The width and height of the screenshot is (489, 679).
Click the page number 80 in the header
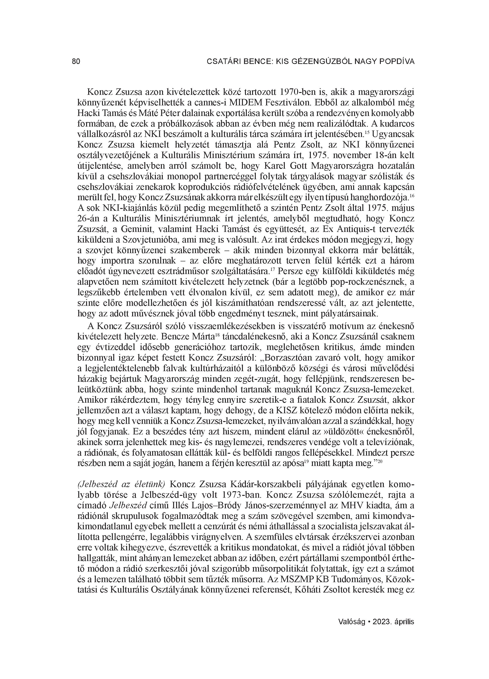(x=76, y=62)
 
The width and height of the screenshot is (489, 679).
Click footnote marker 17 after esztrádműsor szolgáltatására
(x=272, y=269)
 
